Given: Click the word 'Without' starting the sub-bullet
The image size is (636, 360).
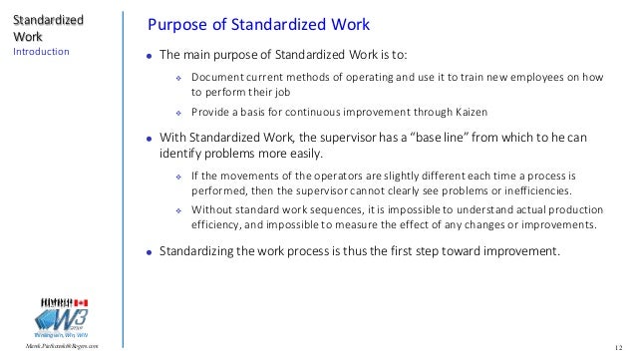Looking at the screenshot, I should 212,208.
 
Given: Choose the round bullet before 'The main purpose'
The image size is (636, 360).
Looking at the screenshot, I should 148,55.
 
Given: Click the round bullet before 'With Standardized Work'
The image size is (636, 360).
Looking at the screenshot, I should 148,139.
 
